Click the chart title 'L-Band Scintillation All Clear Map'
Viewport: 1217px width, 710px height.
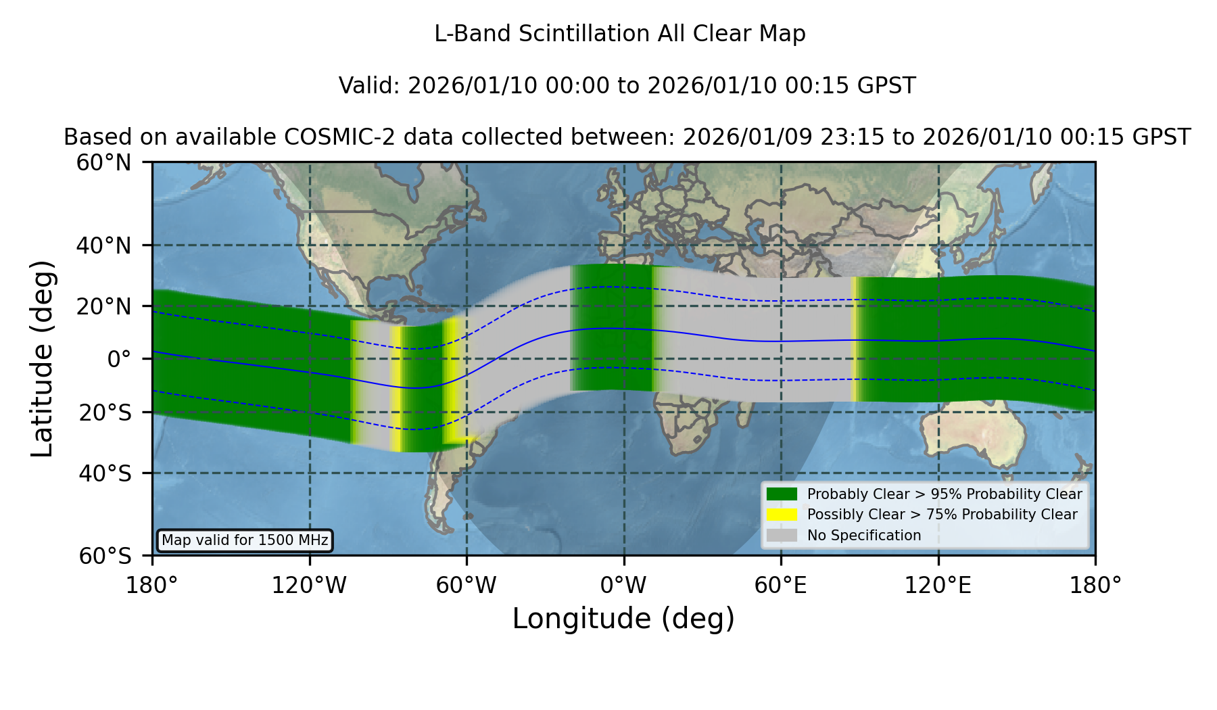[619, 34]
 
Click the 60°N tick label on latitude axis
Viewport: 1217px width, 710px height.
[104, 163]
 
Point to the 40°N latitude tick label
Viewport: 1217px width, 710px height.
[104, 245]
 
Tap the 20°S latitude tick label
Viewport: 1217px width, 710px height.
[105, 412]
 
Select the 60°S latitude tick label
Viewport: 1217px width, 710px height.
[105, 556]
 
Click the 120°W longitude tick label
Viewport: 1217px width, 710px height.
[309, 586]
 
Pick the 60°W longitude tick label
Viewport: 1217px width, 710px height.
[467, 586]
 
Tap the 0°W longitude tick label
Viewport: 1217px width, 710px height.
[623, 586]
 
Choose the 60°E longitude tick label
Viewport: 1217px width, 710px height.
[781, 586]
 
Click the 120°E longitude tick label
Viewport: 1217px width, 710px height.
[938, 586]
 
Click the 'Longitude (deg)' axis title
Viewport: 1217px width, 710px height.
[623, 619]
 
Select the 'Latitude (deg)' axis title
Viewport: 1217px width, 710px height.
[43, 358]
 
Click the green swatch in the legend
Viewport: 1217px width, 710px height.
[782, 494]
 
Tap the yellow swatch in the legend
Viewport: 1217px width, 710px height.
[782, 515]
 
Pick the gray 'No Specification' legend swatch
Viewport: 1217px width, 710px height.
[782, 536]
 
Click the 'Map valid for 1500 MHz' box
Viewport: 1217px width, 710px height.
[245, 540]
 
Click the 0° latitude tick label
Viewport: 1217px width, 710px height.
[119, 359]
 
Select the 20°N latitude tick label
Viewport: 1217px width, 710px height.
[104, 306]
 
